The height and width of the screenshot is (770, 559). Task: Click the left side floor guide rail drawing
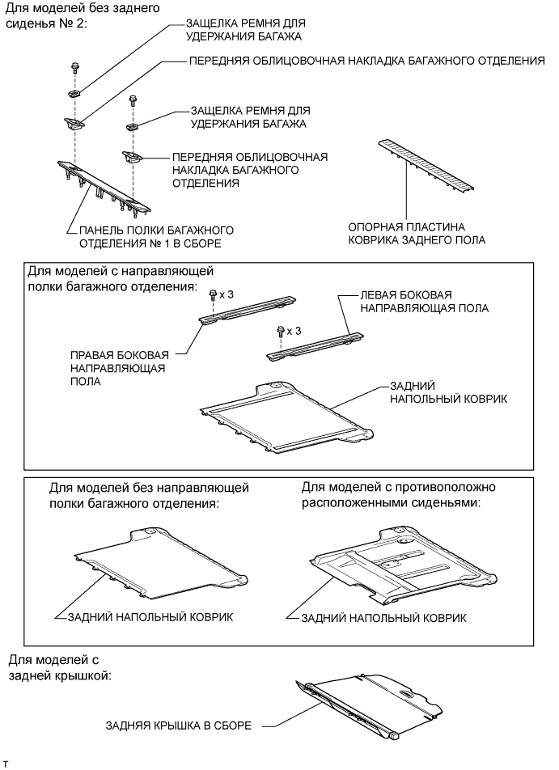point(313,344)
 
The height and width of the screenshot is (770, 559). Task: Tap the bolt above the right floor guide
point(213,294)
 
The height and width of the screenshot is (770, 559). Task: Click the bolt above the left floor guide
point(280,331)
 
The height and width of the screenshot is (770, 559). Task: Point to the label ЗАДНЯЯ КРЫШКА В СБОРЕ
point(179,726)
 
